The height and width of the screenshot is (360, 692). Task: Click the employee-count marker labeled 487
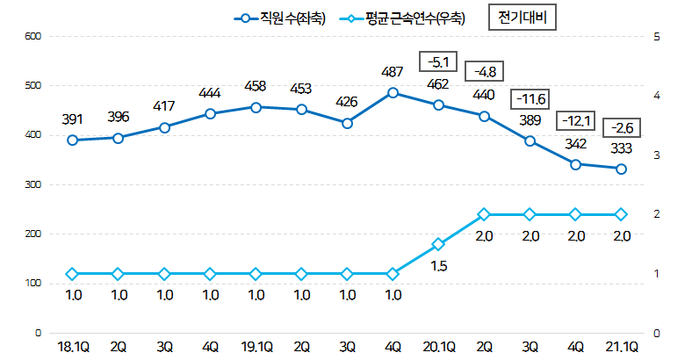[393, 92]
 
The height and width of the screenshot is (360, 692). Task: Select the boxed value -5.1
[438, 61]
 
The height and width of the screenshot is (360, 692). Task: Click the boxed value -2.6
[621, 128]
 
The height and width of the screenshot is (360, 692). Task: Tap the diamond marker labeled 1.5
[438, 245]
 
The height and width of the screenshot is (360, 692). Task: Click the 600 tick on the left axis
[32, 36]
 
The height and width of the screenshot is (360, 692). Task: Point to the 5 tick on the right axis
[658, 36]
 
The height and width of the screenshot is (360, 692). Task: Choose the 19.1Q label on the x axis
[256, 348]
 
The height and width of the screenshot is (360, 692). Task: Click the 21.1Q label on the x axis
[621, 348]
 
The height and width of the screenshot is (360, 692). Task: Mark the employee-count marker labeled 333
[621, 169]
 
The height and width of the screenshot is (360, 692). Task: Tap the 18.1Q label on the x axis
[73, 348]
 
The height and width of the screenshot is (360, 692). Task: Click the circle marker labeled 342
[575, 164]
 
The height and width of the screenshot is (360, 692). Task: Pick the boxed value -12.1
[575, 119]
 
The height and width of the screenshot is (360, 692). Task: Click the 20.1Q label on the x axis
[438, 348]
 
